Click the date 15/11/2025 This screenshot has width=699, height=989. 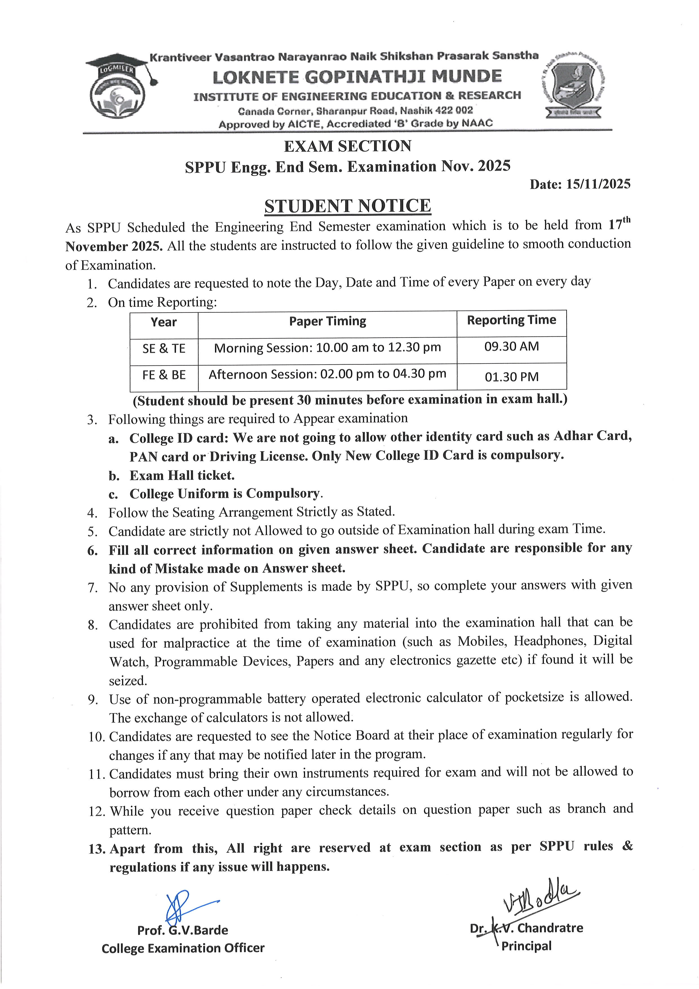[x=598, y=184]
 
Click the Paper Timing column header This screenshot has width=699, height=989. [x=328, y=321]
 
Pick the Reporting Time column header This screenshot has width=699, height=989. [x=511, y=320]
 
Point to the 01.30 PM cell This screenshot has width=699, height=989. [x=511, y=377]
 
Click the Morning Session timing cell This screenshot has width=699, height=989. [x=328, y=348]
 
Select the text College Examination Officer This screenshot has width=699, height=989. [x=183, y=948]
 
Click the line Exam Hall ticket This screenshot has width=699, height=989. [x=182, y=475]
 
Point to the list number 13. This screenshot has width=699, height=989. [x=97, y=849]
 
